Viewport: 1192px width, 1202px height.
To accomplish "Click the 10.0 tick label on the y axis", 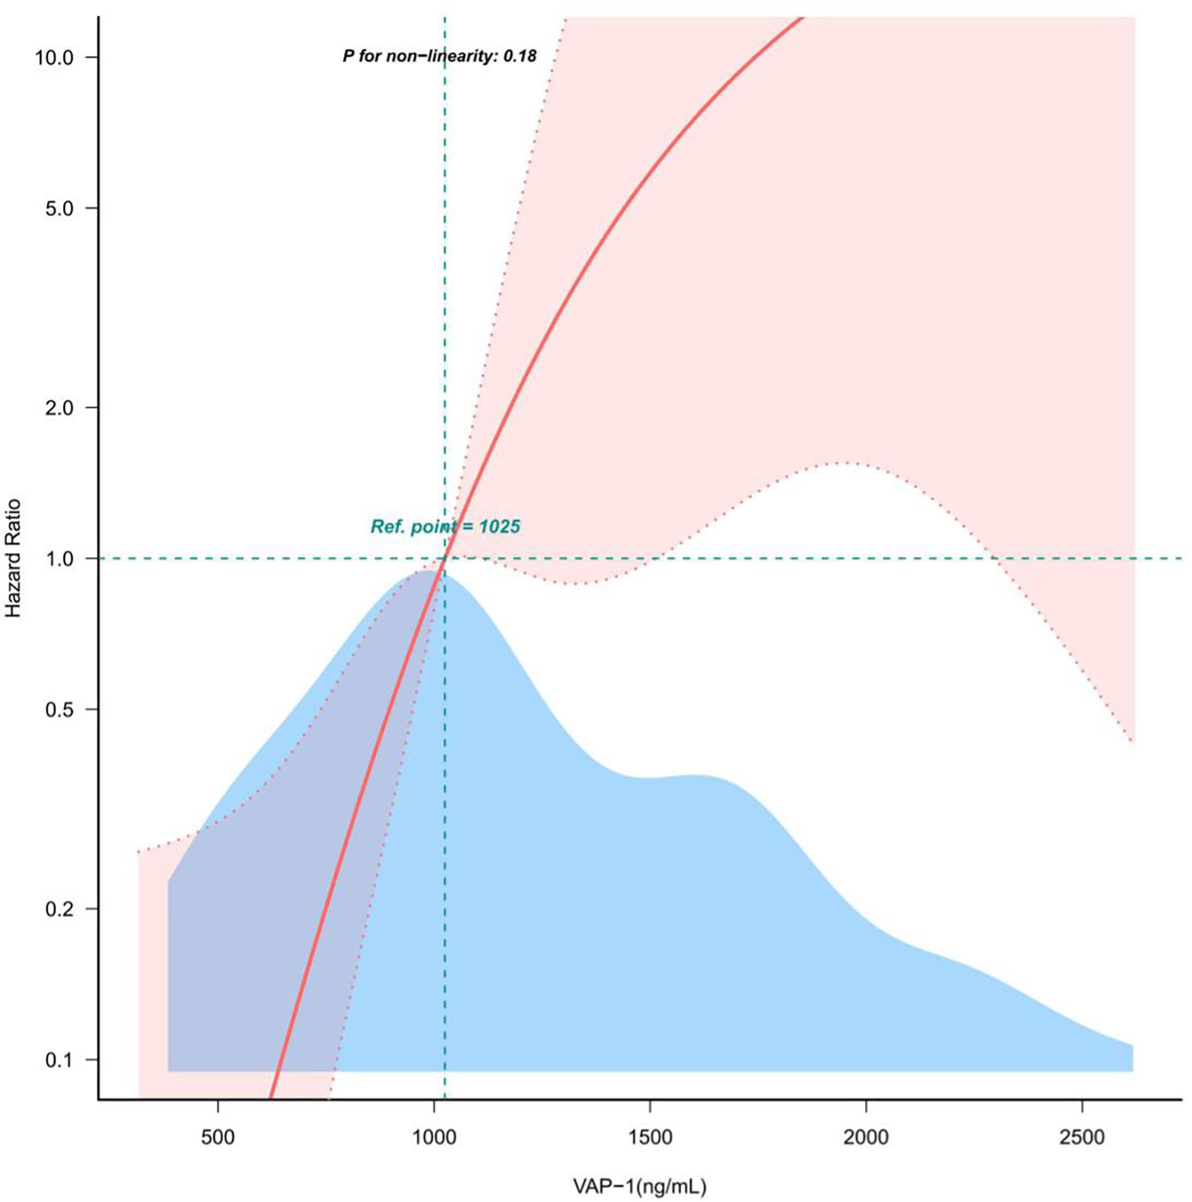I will tap(54, 57).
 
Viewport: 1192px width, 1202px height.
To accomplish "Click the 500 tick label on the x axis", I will tap(218, 1137).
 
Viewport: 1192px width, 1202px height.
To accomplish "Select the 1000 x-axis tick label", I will tap(434, 1137).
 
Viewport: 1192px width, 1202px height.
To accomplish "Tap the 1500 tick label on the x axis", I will tap(650, 1137).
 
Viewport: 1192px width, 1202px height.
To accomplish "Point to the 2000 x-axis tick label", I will tap(866, 1137).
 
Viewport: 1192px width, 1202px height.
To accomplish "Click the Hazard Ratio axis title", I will tap(14, 558).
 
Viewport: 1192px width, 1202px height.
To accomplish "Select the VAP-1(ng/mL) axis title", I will tap(640, 1186).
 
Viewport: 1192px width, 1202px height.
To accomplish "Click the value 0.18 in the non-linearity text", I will tap(520, 56).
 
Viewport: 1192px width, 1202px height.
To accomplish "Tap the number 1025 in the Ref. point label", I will tap(499, 526).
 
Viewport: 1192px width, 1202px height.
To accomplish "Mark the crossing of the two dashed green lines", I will tap(445, 558).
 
